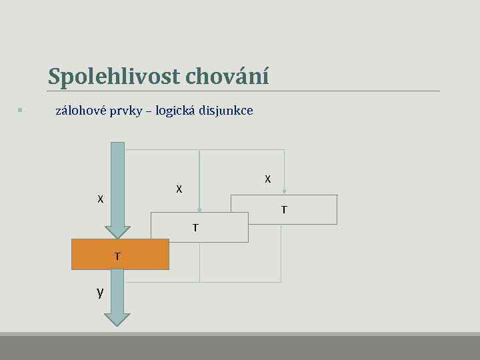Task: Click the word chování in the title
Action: tap(227, 77)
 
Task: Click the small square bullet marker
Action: tap(21, 110)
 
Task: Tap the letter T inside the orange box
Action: tap(117, 255)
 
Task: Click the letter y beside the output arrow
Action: tap(100, 292)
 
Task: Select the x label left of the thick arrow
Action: tap(100, 199)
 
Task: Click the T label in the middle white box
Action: tap(195, 228)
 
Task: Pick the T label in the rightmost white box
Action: tap(284, 210)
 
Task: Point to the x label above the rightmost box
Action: tap(267, 179)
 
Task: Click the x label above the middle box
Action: tap(179, 189)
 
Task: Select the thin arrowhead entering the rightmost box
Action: tap(284, 191)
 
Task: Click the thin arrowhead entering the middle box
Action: tap(199, 209)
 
